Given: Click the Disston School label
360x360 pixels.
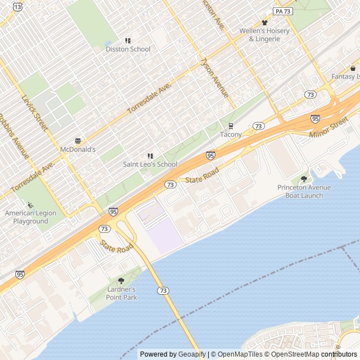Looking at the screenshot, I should pos(128,49).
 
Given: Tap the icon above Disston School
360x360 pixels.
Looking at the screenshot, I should pos(128,40).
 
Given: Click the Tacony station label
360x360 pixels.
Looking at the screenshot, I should pos(231,134).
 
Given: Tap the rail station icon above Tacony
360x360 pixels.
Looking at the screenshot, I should pos(231,126).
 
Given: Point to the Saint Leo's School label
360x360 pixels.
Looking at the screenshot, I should pos(150,164).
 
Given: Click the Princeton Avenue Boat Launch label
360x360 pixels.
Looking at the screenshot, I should pos(304,191).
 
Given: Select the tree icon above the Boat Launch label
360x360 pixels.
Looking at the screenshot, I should pos(304,179).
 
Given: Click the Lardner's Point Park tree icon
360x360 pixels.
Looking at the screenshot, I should pos(121,280).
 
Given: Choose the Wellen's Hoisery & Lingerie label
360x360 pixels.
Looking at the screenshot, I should pos(264,35).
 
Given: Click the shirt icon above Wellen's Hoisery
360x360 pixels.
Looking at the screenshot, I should pos(264,22).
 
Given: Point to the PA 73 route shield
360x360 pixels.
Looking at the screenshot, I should pos(283,11).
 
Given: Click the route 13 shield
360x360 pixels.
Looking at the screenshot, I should pos(19,6).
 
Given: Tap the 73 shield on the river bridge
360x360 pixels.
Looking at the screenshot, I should pos(163,290).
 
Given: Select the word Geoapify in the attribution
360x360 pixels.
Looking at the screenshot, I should pos(192,354).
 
